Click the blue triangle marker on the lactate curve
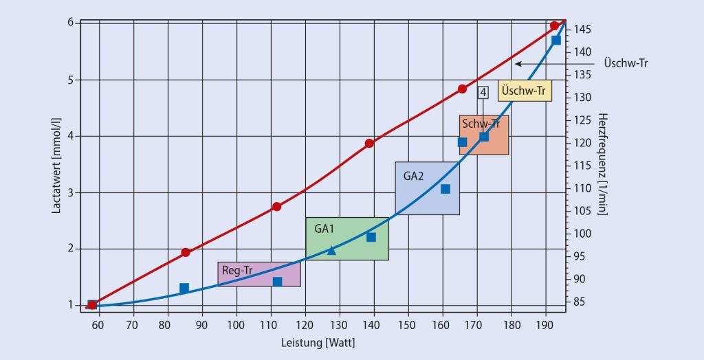[x=331, y=250]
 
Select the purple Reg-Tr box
[x=259, y=274]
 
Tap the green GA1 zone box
[x=347, y=238]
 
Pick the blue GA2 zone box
[x=427, y=188]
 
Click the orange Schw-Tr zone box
[x=484, y=135]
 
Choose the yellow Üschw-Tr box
[x=525, y=91]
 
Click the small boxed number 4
[x=483, y=92]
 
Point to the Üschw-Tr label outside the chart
[x=626, y=63]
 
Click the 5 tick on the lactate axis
[x=71, y=80]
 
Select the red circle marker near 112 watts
[x=276, y=206]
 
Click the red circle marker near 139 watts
[x=369, y=143]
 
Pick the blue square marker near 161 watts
[x=445, y=189]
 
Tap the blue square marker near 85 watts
[x=184, y=288]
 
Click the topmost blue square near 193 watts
[x=556, y=40]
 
